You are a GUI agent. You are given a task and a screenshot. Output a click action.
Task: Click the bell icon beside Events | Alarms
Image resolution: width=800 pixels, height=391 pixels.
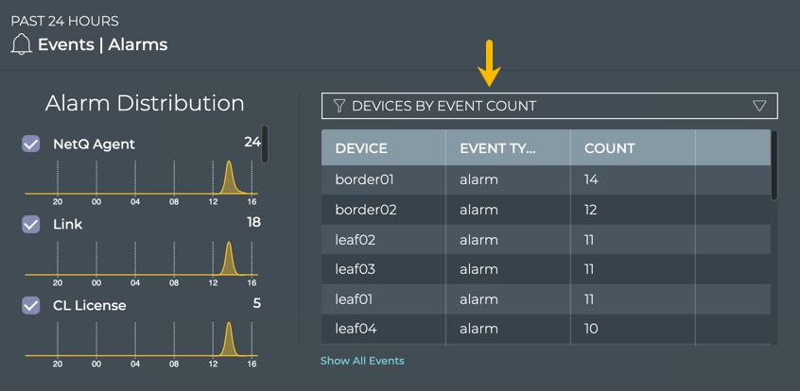[x=21, y=44]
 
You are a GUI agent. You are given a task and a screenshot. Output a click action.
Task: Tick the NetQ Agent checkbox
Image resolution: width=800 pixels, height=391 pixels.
[x=31, y=144]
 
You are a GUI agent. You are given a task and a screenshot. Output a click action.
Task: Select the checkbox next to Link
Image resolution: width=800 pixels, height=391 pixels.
[x=31, y=224]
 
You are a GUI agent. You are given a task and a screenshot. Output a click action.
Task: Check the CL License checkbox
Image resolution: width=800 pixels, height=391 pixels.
[x=31, y=305]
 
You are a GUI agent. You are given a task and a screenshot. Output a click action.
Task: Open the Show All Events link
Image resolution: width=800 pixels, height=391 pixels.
[x=362, y=361]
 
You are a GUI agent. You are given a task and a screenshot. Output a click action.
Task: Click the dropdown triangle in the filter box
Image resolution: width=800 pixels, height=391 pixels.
[x=759, y=106]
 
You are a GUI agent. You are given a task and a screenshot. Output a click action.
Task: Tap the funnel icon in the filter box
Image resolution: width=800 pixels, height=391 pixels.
[x=339, y=106]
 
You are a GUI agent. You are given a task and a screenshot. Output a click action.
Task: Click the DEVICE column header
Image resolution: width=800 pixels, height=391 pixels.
[x=361, y=148]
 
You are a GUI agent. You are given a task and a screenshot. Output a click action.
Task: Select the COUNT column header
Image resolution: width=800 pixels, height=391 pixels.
[x=610, y=148]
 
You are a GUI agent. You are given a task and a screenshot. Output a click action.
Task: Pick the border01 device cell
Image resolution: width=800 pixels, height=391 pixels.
[x=364, y=179]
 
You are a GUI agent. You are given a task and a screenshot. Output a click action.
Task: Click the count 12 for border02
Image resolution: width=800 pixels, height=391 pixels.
[x=591, y=210]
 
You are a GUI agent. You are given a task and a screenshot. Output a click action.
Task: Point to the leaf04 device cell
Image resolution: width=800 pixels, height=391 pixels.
[x=357, y=329]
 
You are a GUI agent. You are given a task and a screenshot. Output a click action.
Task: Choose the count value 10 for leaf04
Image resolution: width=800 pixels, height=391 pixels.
[x=591, y=329]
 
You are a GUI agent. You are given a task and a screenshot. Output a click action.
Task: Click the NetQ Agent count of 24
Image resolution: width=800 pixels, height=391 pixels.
[x=252, y=143]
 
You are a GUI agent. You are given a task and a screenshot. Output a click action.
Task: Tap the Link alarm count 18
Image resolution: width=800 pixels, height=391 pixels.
[x=253, y=222]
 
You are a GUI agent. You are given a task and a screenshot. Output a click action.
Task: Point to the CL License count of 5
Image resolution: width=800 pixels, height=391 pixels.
[x=256, y=303]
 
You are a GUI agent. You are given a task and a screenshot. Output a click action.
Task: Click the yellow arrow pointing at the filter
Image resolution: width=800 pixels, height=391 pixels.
[x=489, y=63]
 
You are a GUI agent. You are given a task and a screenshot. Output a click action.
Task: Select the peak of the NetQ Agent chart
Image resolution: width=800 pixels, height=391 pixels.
[x=229, y=162]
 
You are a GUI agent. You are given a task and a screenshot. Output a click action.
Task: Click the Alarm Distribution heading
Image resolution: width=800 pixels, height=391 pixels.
[x=145, y=104]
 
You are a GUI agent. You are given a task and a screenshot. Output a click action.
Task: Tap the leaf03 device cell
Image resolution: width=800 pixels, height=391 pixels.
[x=356, y=269]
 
